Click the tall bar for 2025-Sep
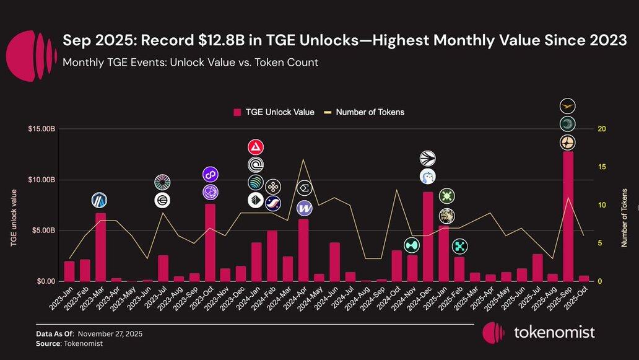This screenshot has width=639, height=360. (568, 217)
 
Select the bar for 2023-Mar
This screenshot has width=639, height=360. (100, 247)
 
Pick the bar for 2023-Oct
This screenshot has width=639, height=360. (210, 242)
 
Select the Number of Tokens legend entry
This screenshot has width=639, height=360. (370, 112)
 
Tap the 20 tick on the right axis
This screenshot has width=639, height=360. (601, 129)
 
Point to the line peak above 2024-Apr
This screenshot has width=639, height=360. (303, 159)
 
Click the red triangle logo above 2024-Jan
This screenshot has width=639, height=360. (256, 147)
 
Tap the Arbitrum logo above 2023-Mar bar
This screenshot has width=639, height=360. (100, 200)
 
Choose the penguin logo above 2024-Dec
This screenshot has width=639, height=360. (428, 177)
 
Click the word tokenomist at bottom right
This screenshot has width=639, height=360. (554, 332)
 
